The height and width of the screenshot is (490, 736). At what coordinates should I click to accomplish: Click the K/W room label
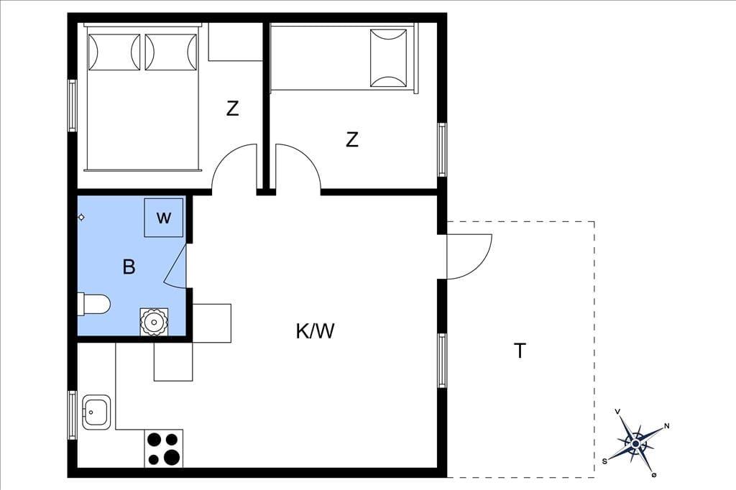[315, 331]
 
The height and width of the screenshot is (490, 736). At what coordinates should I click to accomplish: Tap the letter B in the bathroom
[129, 267]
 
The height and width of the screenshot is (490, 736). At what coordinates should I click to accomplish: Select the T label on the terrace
[520, 351]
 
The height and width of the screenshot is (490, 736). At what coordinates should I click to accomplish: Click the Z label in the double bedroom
[232, 108]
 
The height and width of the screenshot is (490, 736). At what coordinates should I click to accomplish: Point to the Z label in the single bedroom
[351, 139]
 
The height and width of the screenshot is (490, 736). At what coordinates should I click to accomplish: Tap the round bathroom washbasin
[154, 322]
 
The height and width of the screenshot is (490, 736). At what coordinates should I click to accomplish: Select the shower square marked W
[163, 218]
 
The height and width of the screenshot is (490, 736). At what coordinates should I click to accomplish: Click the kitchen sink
[97, 412]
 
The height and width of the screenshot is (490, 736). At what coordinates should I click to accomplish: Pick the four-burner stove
[163, 449]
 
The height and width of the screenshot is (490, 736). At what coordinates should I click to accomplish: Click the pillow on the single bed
[388, 58]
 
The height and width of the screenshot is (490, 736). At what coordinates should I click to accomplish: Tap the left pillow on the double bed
[114, 52]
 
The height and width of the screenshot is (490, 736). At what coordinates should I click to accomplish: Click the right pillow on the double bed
[171, 52]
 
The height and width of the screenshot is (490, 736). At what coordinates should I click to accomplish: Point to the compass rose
[635, 443]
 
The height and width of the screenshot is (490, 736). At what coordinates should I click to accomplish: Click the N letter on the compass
[666, 426]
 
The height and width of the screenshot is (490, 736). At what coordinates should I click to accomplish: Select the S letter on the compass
[604, 461]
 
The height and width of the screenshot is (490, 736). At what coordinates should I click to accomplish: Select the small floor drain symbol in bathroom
[81, 217]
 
